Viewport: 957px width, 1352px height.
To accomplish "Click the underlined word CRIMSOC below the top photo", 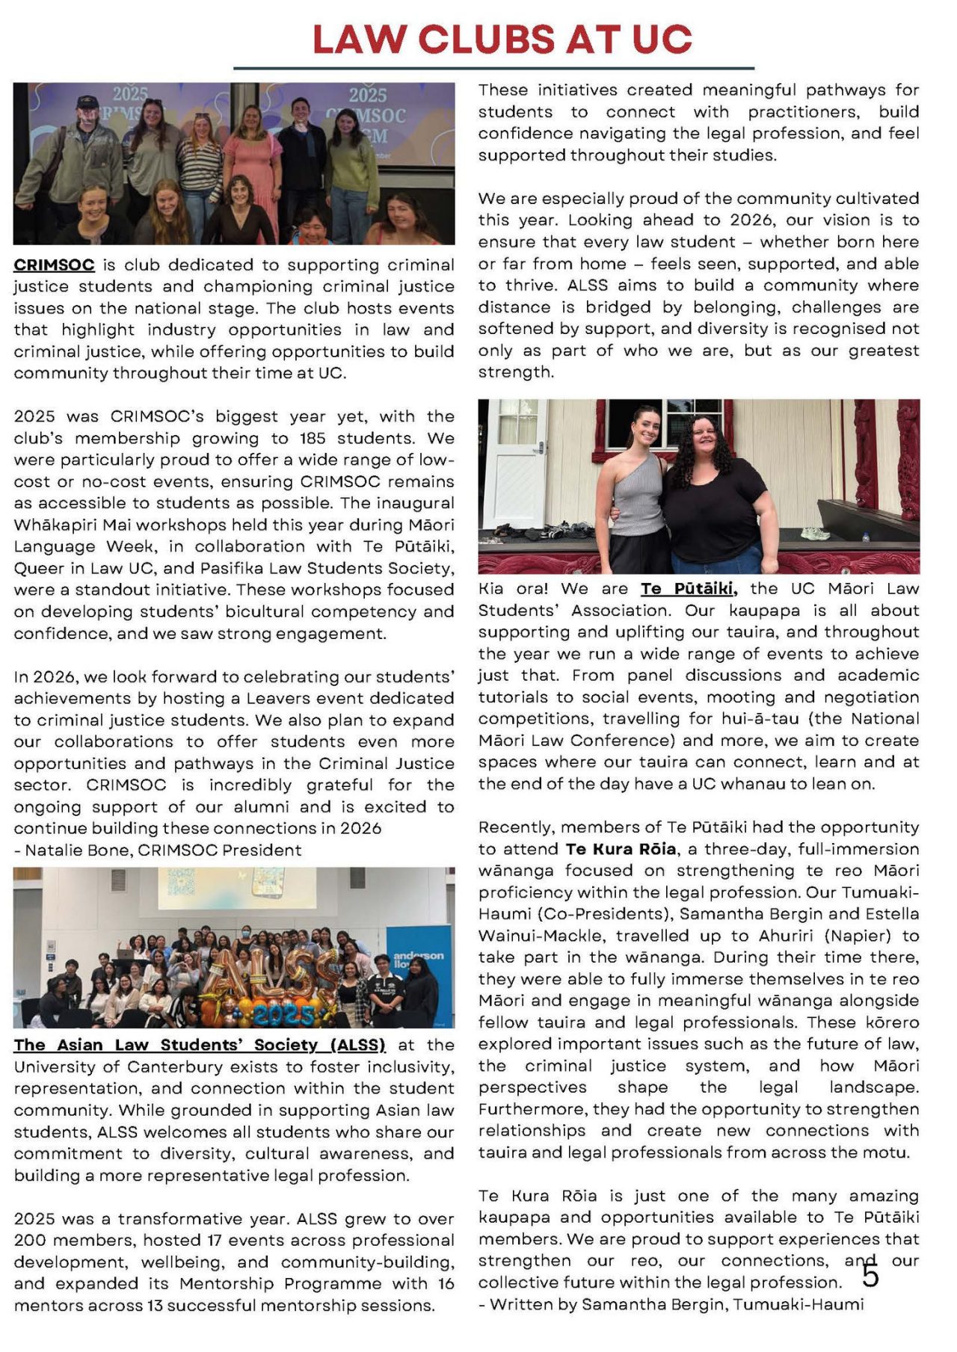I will [x=54, y=265].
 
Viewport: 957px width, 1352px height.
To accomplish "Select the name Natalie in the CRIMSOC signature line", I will [x=53, y=850].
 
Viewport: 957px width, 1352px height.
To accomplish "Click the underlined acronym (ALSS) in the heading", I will [x=357, y=1045].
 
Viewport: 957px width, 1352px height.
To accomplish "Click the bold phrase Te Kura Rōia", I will [x=621, y=849].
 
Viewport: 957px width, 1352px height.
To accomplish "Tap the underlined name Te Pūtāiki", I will [x=689, y=589].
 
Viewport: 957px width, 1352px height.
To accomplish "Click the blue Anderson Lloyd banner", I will [x=419, y=964].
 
